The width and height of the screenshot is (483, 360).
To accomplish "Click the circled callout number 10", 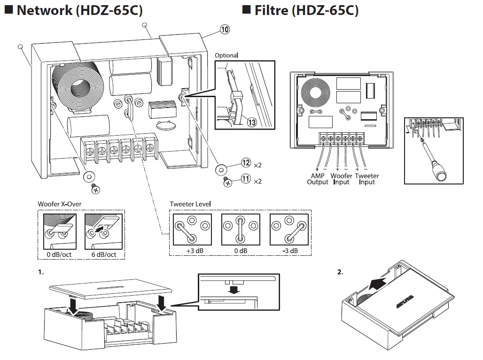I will (225, 30).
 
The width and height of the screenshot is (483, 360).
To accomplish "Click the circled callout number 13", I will (252, 122).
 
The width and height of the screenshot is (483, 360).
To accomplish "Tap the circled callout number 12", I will (246, 163).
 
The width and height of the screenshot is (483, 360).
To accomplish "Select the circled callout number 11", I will (246, 179).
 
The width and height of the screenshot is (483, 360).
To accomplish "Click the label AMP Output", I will (318, 179).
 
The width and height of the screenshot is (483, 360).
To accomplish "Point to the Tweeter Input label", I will (366, 179).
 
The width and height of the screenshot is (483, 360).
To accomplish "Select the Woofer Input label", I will (342, 179).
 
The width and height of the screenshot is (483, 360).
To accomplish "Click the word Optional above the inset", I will (226, 55).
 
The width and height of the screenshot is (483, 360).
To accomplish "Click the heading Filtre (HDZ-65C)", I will (306, 10).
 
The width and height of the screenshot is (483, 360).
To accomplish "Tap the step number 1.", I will (41, 272).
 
